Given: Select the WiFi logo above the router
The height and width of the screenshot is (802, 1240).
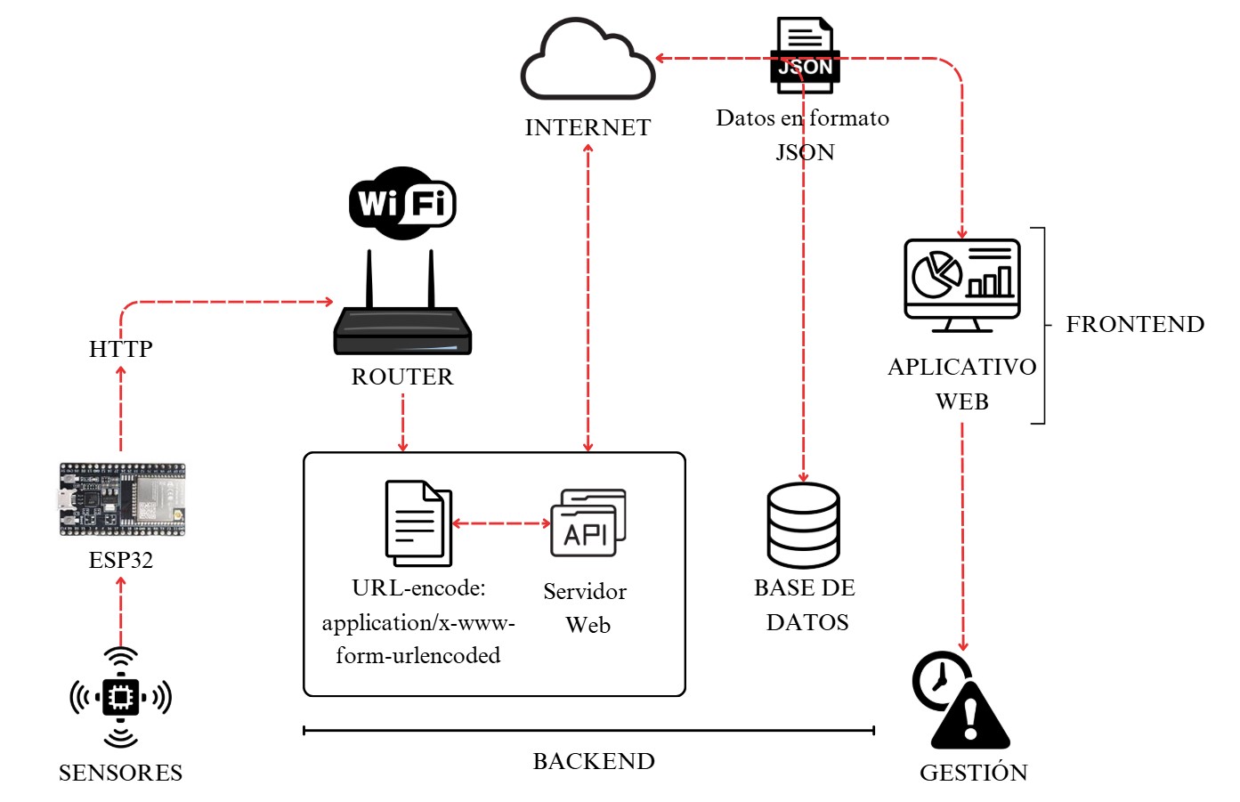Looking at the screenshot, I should pos(402,203).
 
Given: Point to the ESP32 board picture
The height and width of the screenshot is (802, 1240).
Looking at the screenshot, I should pos(122,499).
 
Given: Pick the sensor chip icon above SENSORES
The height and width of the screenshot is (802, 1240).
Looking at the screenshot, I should pos(120,697).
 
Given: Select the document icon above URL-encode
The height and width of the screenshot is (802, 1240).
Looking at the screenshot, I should pos(418,523).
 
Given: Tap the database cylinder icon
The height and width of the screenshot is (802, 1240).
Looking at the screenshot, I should pos(803,525).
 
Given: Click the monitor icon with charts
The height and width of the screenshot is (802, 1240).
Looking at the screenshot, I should pos(962,283).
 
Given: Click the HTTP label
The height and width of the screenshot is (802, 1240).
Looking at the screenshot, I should pos(121,349).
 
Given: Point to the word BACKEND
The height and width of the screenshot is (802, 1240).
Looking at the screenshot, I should pos(594,762).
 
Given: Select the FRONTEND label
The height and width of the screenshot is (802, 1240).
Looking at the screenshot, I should pos(1135,324).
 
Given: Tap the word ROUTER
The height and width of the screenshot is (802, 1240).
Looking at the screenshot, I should pos(402,377).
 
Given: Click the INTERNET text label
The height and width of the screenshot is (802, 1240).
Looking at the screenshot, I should pos(588,128).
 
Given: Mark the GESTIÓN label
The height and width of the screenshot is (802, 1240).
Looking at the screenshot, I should pos(973,773).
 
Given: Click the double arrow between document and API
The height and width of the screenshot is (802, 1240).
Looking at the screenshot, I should pos(501,523).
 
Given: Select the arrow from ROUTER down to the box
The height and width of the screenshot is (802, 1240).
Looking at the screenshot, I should pos(403,423).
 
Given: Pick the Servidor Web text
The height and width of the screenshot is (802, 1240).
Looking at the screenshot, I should pos(586,608).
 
